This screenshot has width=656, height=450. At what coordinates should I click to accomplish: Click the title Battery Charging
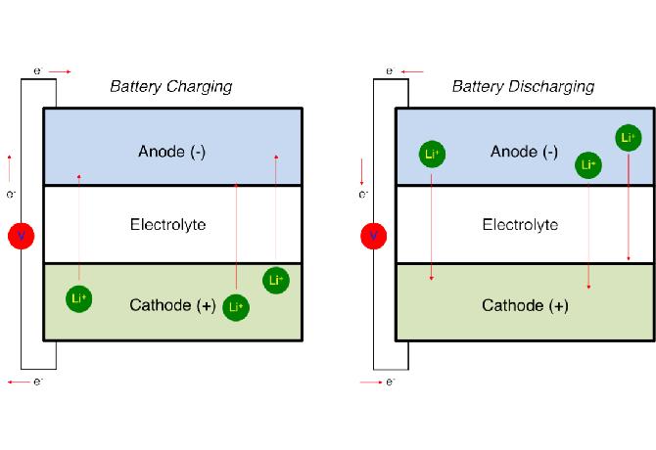pyautogui.click(x=170, y=86)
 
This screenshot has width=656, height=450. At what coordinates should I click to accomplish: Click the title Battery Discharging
pyautogui.click(x=523, y=86)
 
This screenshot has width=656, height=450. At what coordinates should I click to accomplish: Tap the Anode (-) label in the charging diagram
pyautogui.click(x=171, y=152)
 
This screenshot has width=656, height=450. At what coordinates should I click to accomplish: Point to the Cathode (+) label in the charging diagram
pyautogui.click(x=171, y=305)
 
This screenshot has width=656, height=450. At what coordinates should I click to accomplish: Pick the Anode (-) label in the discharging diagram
pyautogui.click(x=524, y=152)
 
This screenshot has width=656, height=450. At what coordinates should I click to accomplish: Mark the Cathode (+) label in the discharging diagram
pyautogui.click(x=524, y=305)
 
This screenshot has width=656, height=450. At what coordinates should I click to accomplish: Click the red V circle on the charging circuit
pyautogui.click(x=21, y=236)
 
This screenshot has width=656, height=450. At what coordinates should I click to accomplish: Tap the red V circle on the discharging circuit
pyautogui.click(x=373, y=236)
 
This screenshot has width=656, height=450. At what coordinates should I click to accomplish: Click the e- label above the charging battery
pyautogui.click(x=38, y=71)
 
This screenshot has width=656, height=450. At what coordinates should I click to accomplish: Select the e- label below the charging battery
pyautogui.click(x=38, y=381)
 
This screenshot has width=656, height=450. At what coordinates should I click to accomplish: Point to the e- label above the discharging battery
pyautogui.click(x=390, y=71)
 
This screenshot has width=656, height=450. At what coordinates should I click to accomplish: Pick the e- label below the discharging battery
pyautogui.click(x=390, y=381)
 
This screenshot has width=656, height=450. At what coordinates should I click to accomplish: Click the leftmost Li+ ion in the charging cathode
pyautogui.click(x=79, y=298)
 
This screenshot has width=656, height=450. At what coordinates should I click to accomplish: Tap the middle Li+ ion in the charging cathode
pyautogui.click(x=235, y=307)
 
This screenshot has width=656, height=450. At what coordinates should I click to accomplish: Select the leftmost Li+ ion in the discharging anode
pyautogui.click(x=432, y=154)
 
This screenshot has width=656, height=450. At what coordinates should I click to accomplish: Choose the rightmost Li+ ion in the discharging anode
pyautogui.click(x=629, y=138)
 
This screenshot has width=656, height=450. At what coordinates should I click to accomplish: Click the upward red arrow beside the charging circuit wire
pyautogui.click(x=10, y=162)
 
